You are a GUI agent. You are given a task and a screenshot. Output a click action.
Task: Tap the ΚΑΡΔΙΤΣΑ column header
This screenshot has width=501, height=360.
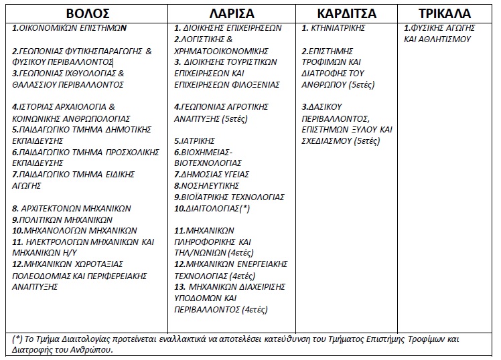click(346, 13)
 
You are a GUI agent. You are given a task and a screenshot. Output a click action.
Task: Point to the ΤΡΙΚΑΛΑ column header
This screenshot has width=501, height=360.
click(445, 13)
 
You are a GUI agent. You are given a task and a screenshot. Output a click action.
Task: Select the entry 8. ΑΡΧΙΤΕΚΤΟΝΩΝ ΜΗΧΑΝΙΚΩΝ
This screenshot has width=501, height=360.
click(72, 208)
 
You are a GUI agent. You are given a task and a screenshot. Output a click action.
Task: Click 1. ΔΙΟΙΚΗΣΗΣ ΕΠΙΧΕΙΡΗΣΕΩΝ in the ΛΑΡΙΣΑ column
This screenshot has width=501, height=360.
click(228, 28)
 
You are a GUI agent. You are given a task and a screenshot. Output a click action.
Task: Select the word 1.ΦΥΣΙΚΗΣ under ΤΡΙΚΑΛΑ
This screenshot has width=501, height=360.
click(427, 28)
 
